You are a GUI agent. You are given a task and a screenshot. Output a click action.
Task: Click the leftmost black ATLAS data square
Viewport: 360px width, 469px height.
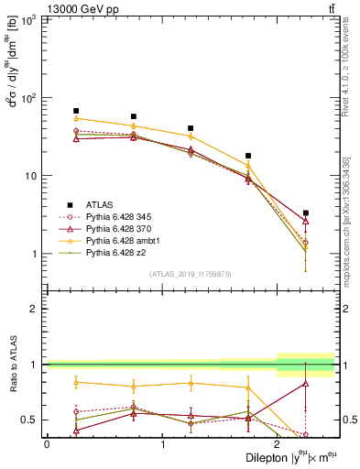coord(76,111)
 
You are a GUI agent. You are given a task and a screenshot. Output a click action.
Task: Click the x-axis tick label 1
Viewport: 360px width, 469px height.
coord(162,444)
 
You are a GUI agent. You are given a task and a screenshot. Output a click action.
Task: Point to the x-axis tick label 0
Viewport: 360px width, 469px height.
coord(47,444)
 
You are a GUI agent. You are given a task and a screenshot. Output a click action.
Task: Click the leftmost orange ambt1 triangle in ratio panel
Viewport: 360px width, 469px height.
coord(76,382)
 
